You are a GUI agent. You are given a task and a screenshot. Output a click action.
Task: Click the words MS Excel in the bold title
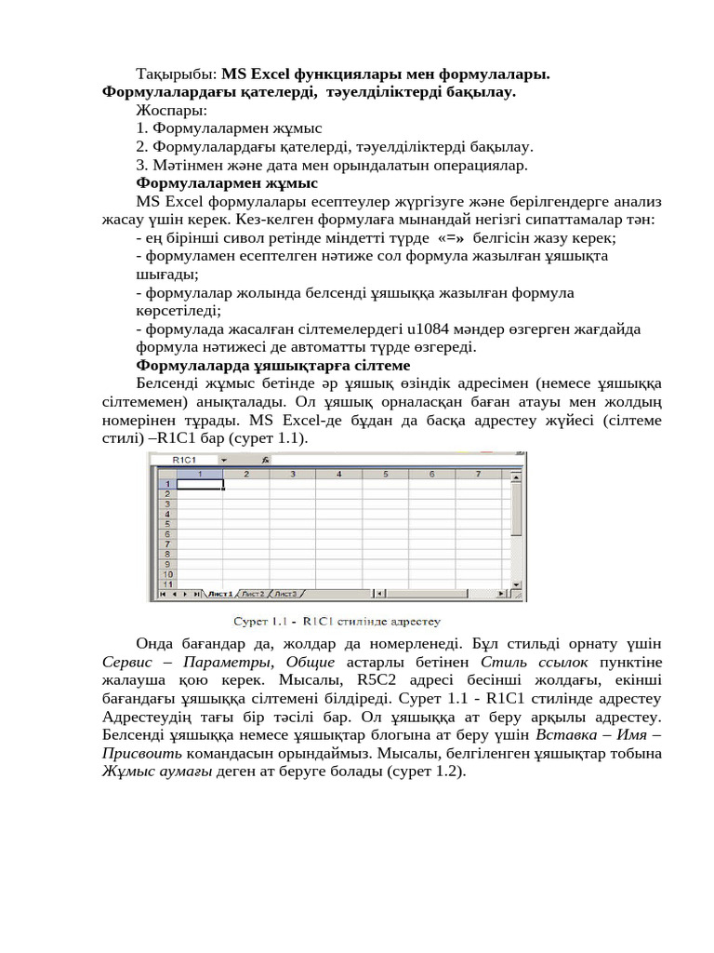(256, 74)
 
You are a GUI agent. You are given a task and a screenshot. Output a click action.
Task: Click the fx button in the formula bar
(265, 460)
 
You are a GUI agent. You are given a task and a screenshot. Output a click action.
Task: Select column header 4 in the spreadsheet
(338, 474)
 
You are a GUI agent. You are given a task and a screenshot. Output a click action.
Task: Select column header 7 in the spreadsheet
(477, 474)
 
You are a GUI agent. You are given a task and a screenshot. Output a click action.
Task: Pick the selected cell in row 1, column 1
(200, 484)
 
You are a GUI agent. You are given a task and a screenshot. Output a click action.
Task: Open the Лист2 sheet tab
(254, 594)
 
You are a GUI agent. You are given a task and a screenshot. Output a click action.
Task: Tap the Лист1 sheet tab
(221, 594)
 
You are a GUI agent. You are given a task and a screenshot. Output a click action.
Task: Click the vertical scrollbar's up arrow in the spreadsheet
(517, 474)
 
